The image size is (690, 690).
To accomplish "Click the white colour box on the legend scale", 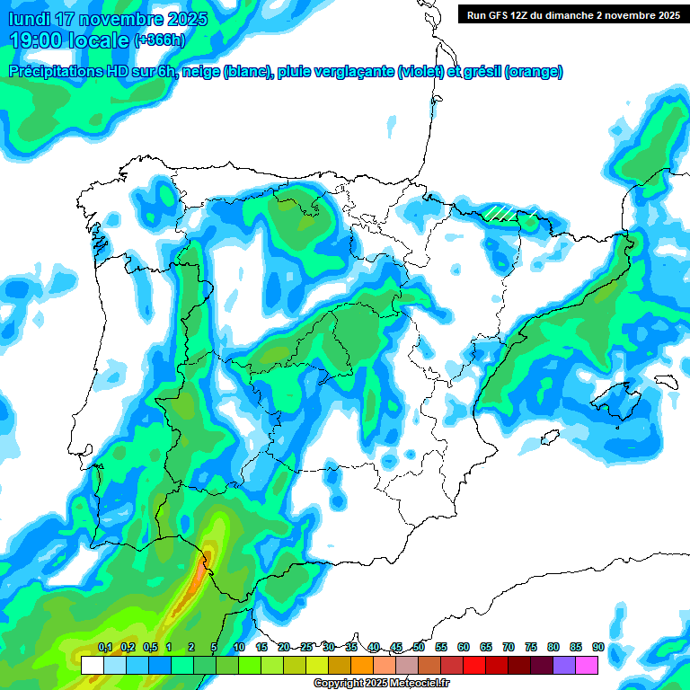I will (x=93, y=665).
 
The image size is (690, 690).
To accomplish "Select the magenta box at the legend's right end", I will (x=587, y=665).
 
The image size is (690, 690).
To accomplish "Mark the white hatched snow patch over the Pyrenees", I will (x=507, y=214).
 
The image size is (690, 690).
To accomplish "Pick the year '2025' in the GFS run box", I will (x=667, y=14).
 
